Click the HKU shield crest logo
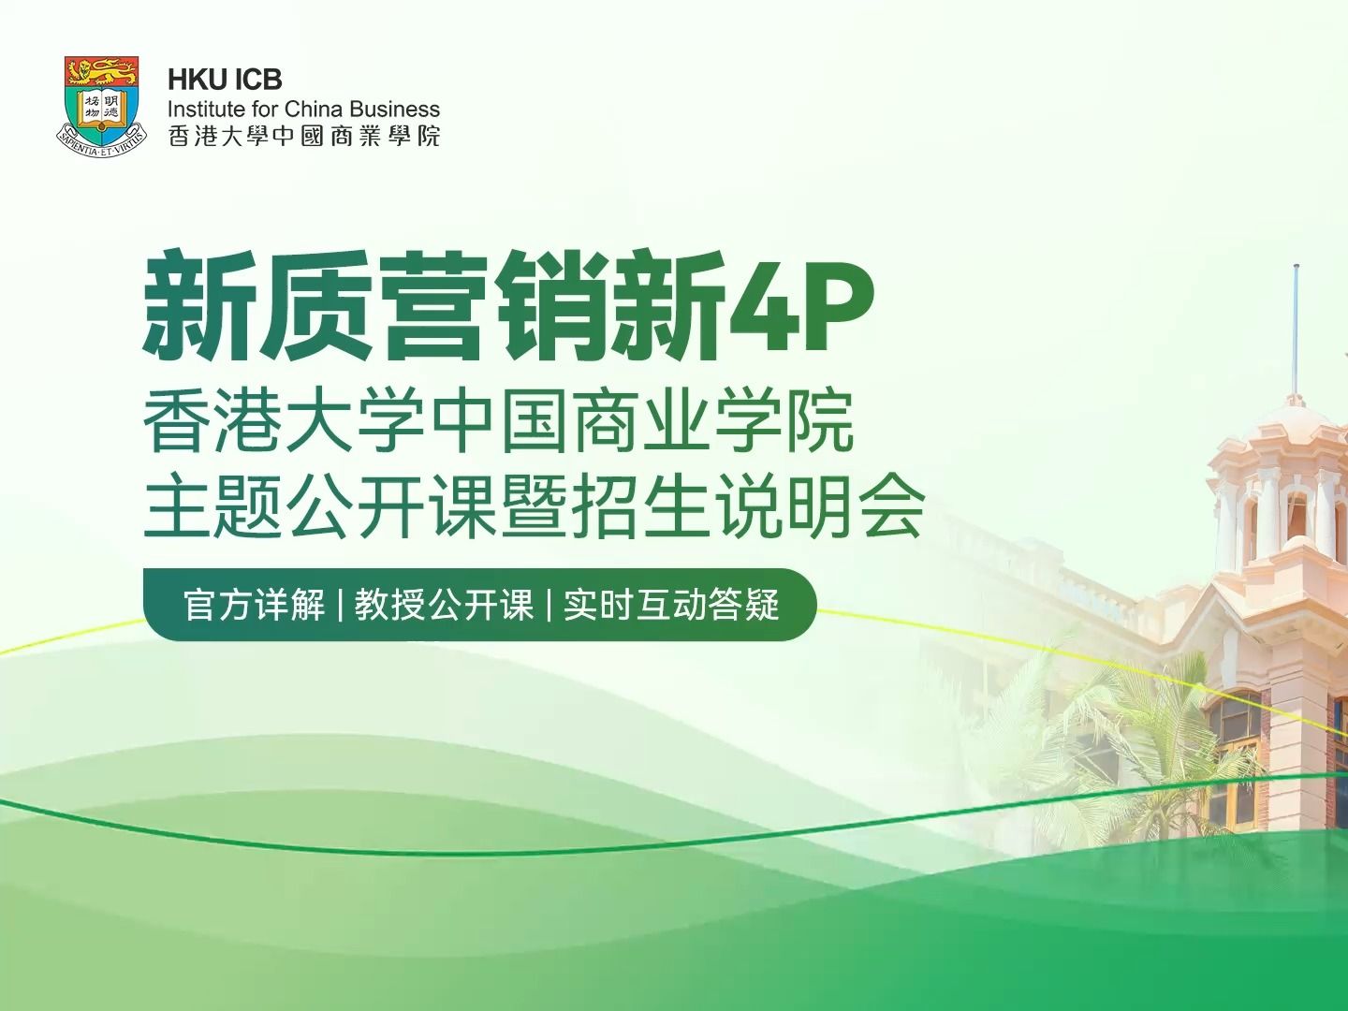click(x=101, y=103)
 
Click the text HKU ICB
click(x=225, y=80)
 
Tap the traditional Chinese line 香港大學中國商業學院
click(x=303, y=136)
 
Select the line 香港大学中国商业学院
click(x=498, y=424)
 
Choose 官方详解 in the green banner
click(x=254, y=605)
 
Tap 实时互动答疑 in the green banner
click(x=671, y=605)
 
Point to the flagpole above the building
click(x=1296, y=318)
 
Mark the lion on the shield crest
click(x=101, y=69)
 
